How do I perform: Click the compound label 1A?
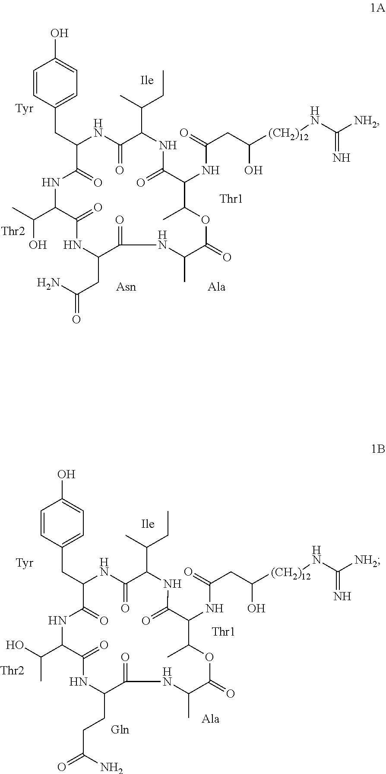tap(377, 9)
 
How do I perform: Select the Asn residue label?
tap(126, 287)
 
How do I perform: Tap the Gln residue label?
tap(120, 730)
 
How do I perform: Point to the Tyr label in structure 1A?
tap(25, 108)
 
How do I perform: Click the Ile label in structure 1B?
tap(148, 524)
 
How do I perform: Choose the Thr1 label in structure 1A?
tap(231, 199)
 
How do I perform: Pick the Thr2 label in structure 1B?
tap(12, 671)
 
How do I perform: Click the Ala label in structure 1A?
tap(216, 287)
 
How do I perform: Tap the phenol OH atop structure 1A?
tap(60, 33)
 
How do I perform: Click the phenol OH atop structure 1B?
tap(66, 474)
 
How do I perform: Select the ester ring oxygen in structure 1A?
tap(206, 220)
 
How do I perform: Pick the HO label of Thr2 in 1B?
tap(14, 646)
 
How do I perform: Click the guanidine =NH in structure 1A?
tap(341, 157)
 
